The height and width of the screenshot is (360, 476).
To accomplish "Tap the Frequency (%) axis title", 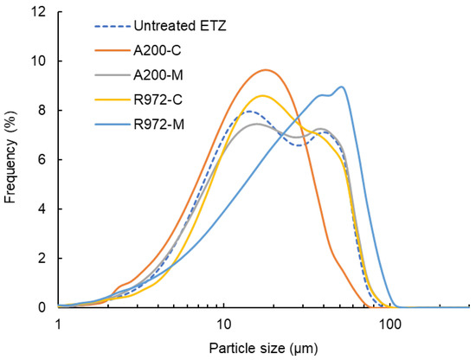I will [x=12, y=160].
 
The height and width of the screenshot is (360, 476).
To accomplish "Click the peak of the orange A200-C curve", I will [x=267, y=70].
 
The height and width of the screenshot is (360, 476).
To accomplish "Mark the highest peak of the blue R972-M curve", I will [x=343, y=87].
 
